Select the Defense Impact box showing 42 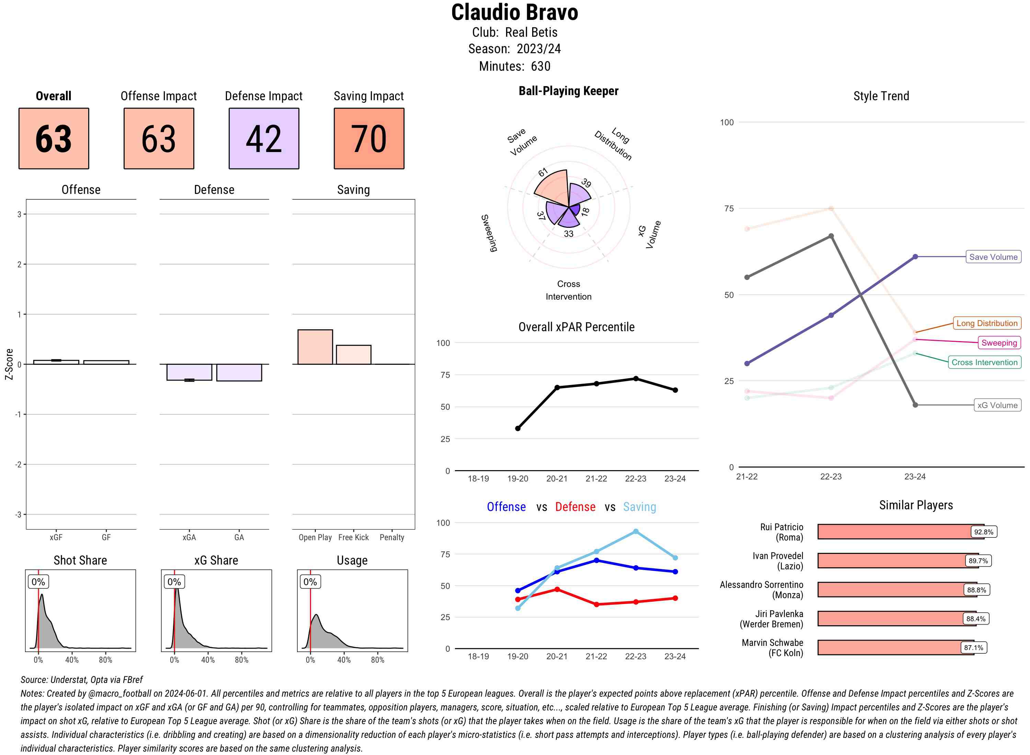(264, 139)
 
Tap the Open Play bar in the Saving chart (315, 347)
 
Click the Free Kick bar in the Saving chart (353, 355)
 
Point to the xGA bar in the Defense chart (189, 372)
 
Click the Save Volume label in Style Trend (993, 257)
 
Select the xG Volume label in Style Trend (997, 405)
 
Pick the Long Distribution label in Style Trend (987, 323)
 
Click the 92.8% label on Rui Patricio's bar (983, 532)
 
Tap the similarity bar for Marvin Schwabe (895, 648)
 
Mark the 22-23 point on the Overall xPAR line (636, 379)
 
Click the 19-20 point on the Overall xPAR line (517, 429)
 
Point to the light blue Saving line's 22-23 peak (636, 532)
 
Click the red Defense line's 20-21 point (557, 590)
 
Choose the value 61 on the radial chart (543, 172)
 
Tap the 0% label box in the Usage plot (310, 582)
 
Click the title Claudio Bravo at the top (514, 13)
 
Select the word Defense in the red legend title (575, 507)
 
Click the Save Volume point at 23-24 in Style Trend (915, 257)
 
